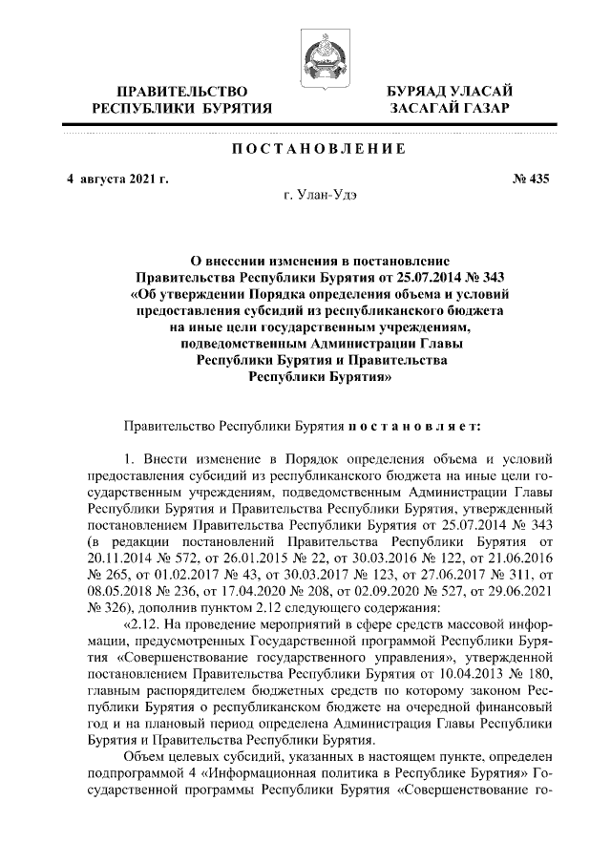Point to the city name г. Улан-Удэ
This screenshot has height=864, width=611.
pyautogui.click(x=313, y=197)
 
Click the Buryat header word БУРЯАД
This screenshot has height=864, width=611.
pyautogui.click(x=420, y=91)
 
